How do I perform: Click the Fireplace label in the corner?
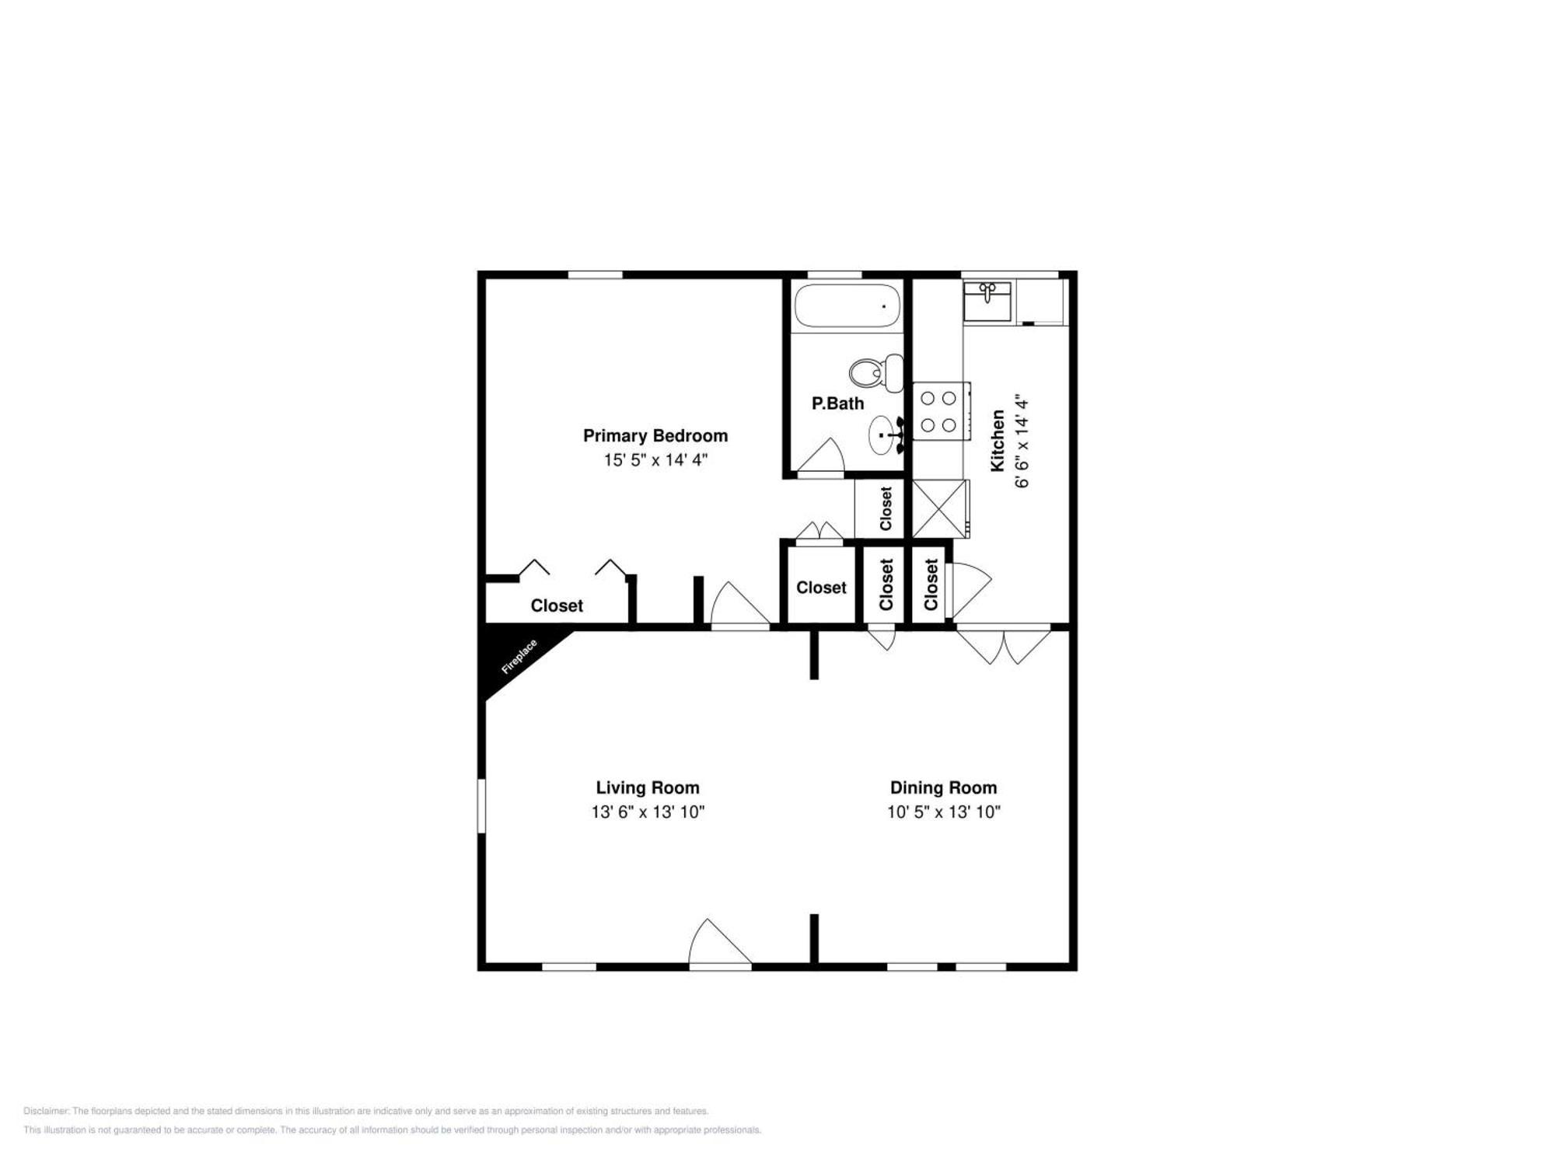click(519, 657)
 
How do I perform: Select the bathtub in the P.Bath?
click(846, 306)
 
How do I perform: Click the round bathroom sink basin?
click(882, 435)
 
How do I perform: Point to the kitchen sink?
click(987, 301)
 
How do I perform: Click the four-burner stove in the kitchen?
click(939, 411)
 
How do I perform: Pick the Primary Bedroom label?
click(655, 436)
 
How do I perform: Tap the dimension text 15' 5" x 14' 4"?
click(655, 460)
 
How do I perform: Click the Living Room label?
click(648, 787)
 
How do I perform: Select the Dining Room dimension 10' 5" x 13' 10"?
click(943, 812)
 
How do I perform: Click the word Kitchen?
click(998, 441)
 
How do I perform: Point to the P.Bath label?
click(837, 403)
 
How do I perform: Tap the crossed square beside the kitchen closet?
click(940, 509)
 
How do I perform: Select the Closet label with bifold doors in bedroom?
click(557, 606)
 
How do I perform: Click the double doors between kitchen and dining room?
click(1003, 645)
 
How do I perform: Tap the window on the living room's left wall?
click(481, 806)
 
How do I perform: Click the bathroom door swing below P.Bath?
click(821, 457)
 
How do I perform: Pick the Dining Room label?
click(943, 787)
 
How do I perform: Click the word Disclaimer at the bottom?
click(46, 1112)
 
